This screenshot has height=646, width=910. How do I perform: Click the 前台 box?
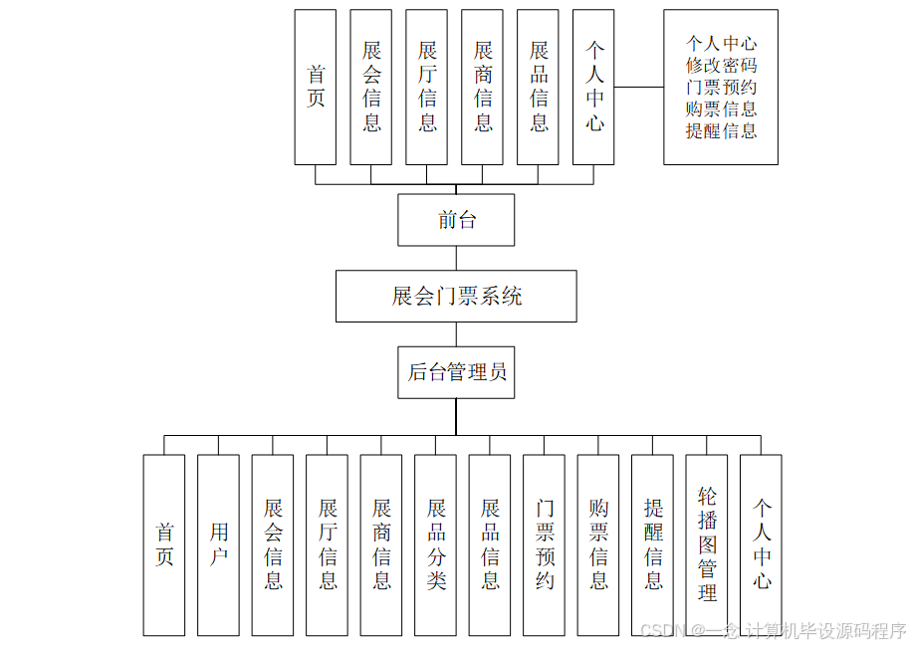pyautogui.click(x=456, y=220)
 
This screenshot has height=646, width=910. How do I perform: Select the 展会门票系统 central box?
pyautogui.click(x=456, y=296)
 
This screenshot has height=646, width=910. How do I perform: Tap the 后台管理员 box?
pyautogui.click(x=456, y=372)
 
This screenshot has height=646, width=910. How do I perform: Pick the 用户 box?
pyautogui.click(x=218, y=544)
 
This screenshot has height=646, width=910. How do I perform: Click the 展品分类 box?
pyautogui.click(x=435, y=544)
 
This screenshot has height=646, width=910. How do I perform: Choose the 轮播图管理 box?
pyautogui.click(x=707, y=544)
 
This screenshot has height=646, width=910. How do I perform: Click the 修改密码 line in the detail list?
pyautogui.click(x=721, y=66)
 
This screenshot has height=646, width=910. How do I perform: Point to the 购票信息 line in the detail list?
pyautogui.click(x=721, y=109)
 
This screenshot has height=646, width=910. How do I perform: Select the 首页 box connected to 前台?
pyautogui.click(x=316, y=87)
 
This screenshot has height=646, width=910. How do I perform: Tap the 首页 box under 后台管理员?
pyautogui.click(x=164, y=544)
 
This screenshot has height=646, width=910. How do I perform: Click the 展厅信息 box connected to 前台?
pyautogui.click(x=427, y=87)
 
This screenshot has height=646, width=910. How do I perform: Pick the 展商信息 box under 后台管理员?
pyautogui.click(x=381, y=544)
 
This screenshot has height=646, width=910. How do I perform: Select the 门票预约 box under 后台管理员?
pyautogui.click(x=545, y=544)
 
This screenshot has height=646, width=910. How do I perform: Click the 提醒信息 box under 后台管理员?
pyautogui.click(x=653, y=544)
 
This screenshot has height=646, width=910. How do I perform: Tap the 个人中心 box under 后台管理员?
pyautogui.click(x=762, y=544)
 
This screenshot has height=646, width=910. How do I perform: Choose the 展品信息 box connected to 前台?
pyautogui.click(x=539, y=87)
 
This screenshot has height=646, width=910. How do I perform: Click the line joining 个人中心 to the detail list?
pyautogui.click(x=639, y=87)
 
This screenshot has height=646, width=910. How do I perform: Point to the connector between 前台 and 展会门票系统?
pyautogui.click(x=456, y=258)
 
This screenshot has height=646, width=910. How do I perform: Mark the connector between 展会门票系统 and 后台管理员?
pyautogui.click(x=456, y=333)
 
